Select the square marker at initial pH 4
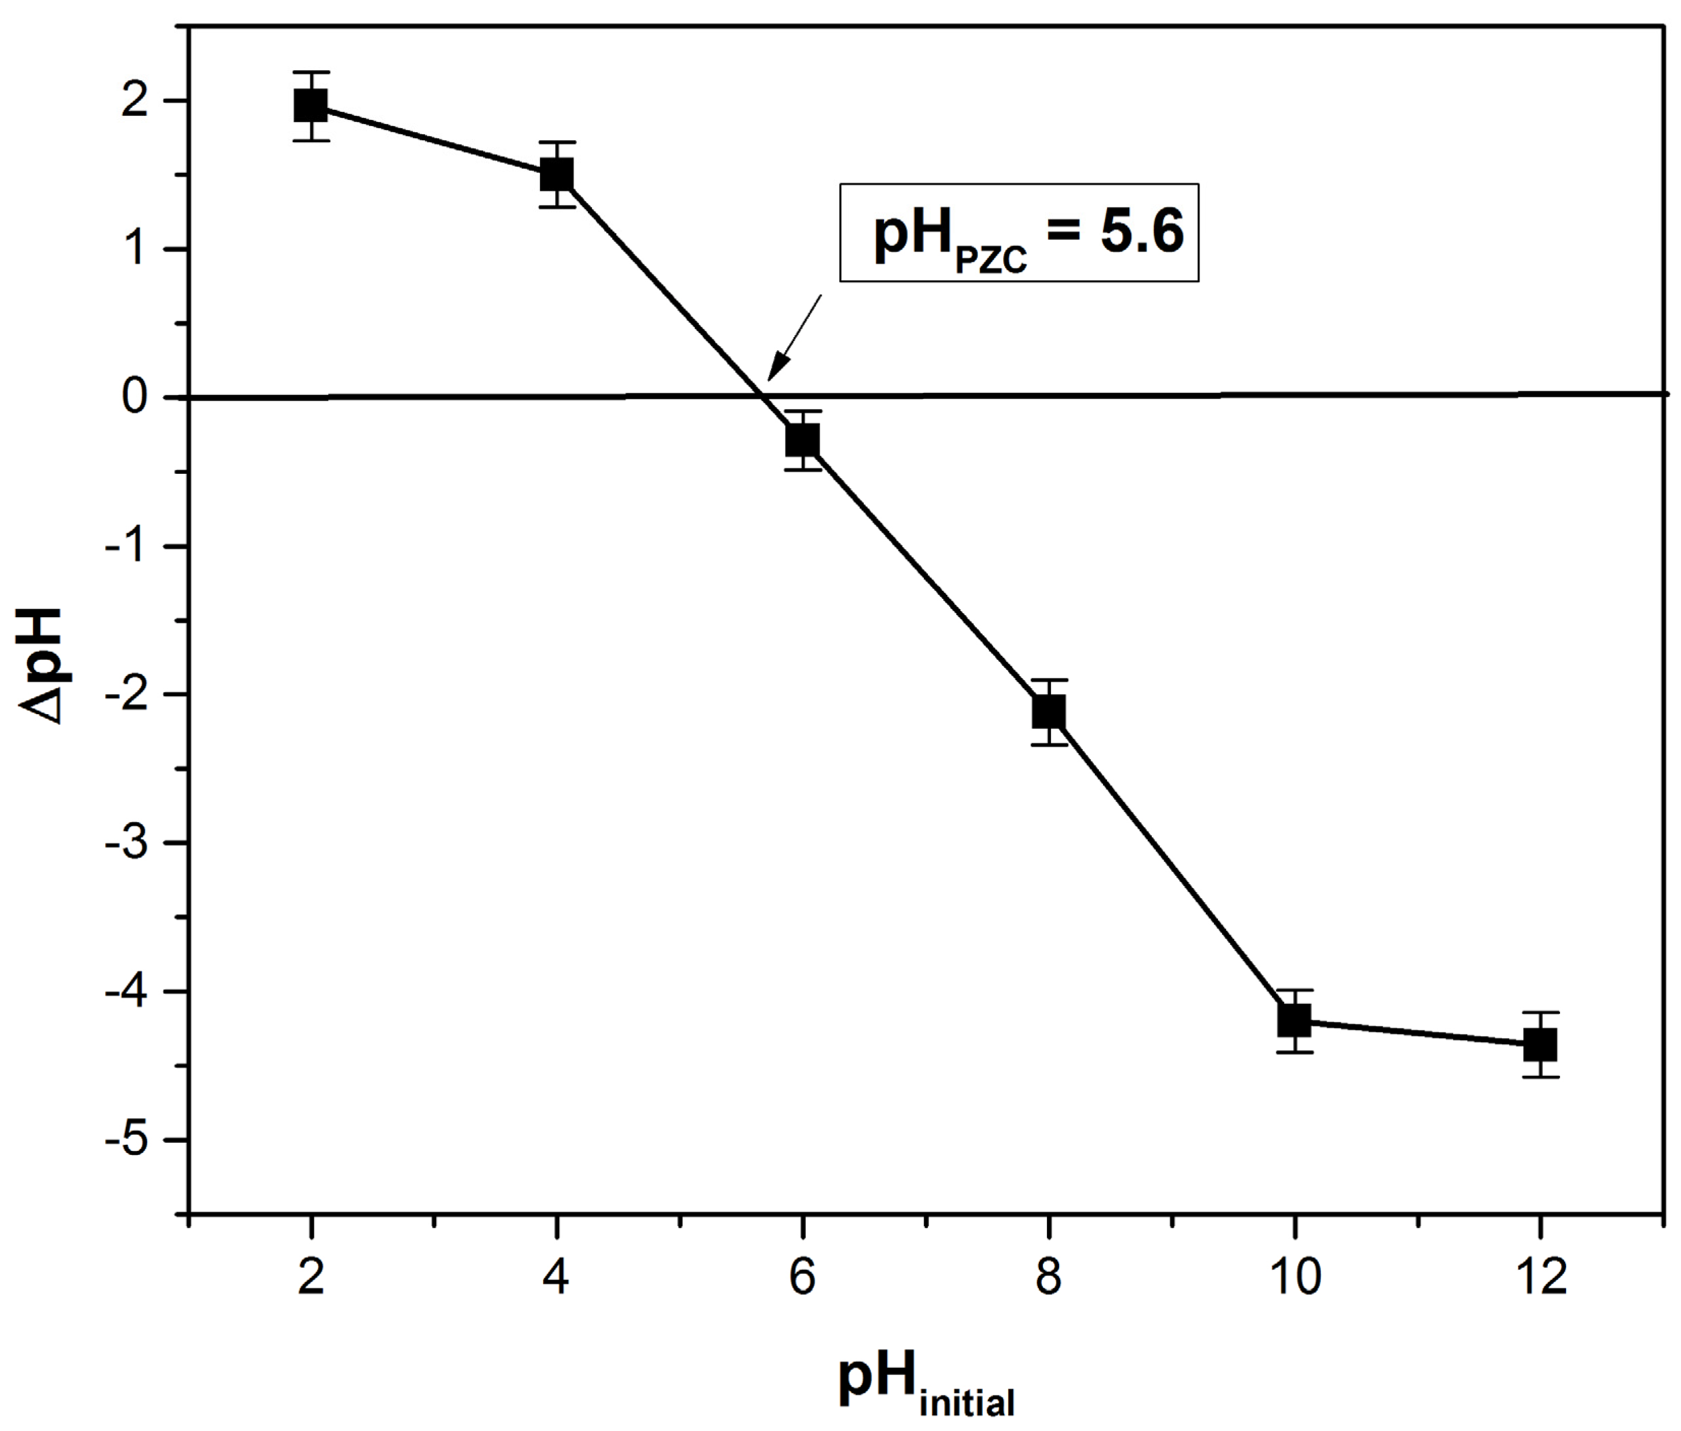[x=557, y=174]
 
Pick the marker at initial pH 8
[x=1048, y=712]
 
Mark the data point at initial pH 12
[x=1540, y=1045]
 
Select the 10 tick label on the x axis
[x=1294, y=1277]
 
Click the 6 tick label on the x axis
[x=802, y=1277]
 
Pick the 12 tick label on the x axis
[x=1540, y=1277]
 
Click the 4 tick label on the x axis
[x=557, y=1277]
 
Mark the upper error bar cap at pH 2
[x=311, y=72]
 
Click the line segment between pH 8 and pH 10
[x=1170, y=866]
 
